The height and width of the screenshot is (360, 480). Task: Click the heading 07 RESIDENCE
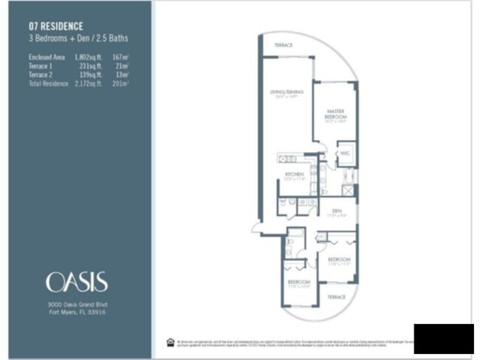(x=56, y=25)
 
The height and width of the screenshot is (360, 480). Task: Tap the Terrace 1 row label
(x=42, y=66)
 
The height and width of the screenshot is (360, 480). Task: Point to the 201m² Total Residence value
(x=120, y=83)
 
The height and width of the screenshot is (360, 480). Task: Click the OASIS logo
(x=76, y=282)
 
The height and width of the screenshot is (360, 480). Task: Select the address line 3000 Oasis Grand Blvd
(x=76, y=304)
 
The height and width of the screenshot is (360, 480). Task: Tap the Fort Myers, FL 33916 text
(x=76, y=312)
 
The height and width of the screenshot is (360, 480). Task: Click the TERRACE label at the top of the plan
(x=283, y=46)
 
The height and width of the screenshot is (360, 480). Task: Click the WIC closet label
(x=344, y=153)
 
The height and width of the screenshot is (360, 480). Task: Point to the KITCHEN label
(x=295, y=175)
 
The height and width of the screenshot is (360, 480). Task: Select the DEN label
(x=335, y=210)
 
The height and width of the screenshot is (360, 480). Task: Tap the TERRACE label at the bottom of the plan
(x=336, y=296)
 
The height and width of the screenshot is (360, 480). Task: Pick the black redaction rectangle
(x=443, y=338)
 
